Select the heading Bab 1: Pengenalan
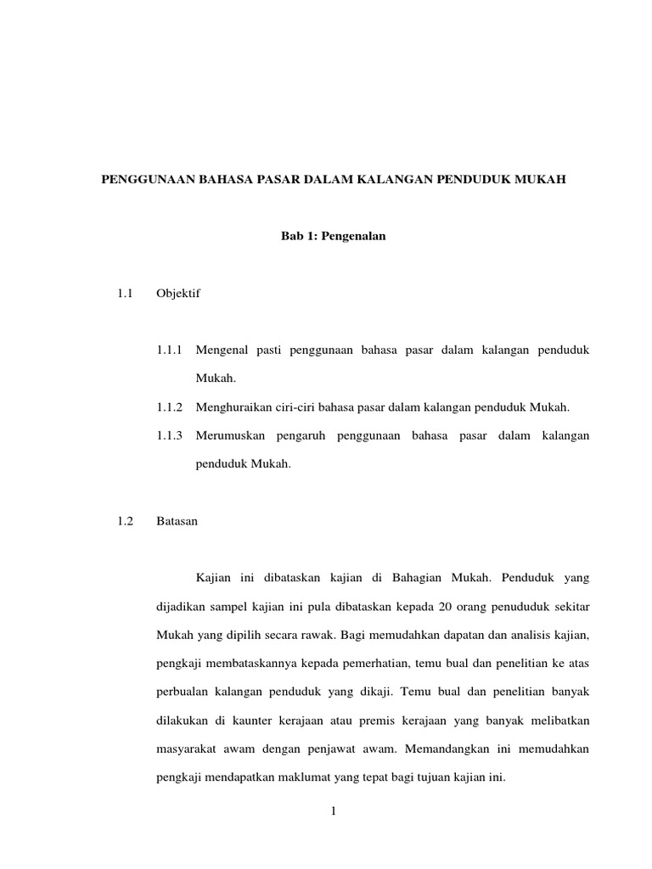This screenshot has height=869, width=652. (334, 237)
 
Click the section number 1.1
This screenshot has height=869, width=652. (126, 294)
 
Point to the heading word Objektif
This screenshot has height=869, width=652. (178, 294)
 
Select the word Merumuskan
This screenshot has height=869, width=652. (228, 435)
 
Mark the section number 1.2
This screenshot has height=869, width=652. (126, 521)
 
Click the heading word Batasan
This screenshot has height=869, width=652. (177, 521)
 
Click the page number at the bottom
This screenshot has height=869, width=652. (334, 811)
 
